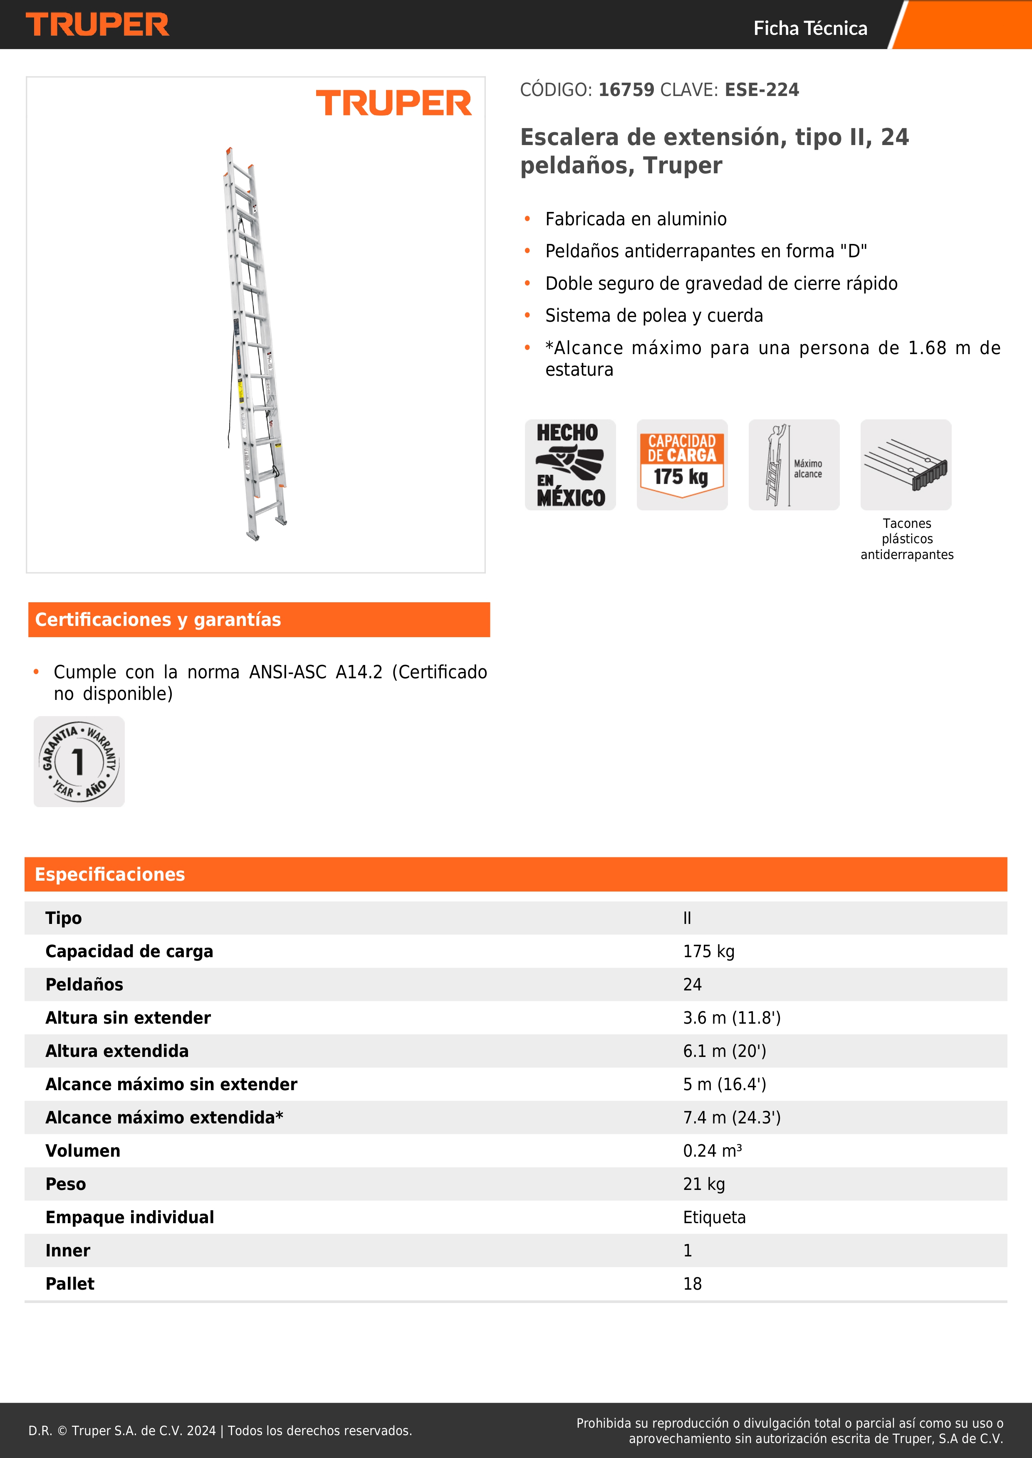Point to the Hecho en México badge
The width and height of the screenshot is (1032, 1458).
(x=570, y=465)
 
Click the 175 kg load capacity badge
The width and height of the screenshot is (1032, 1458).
(x=682, y=465)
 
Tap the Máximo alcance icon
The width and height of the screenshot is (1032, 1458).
(x=794, y=465)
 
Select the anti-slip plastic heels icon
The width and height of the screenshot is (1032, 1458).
(x=906, y=465)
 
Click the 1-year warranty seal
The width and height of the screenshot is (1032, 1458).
(x=79, y=761)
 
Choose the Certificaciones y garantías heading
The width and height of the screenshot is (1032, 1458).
(x=158, y=620)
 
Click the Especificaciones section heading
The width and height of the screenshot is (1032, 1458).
(x=110, y=874)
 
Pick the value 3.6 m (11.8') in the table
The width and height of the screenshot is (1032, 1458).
(x=731, y=1018)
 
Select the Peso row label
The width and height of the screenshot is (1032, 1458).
(x=65, y=1184)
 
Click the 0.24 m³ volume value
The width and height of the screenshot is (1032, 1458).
(x=712, y=1151)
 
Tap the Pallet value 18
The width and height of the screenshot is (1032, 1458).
(x=692, y=1284)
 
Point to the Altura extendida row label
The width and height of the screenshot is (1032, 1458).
(x=117, y=1051)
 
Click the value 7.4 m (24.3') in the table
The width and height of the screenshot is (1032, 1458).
(x=731, y=1118)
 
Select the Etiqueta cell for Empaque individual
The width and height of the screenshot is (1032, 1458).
(x=714, y=1217)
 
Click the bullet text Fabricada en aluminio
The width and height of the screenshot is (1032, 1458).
(x=636, y=219)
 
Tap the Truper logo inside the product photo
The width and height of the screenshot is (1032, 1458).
(x=393, y=103)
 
